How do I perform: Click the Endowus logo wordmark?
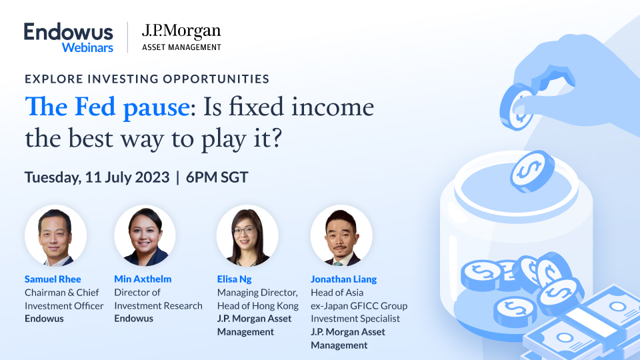click(x=68, y=32)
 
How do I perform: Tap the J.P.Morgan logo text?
click(x=181, y=31)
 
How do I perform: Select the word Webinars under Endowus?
click(x=87, y=47)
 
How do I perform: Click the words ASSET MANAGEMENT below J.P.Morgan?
click(x=181, y=47)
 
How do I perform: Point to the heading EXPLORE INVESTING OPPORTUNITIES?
click(x=147, y=79)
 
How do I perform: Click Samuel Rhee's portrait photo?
click(x=55, y=236)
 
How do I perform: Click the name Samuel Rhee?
click(x=53, y=279)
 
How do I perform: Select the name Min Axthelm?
click(x=142, y=279)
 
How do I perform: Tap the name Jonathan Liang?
click(x=344, y=279)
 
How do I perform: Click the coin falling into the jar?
click(x=533, y=167)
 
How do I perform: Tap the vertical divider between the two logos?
click(x=127, y=37)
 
